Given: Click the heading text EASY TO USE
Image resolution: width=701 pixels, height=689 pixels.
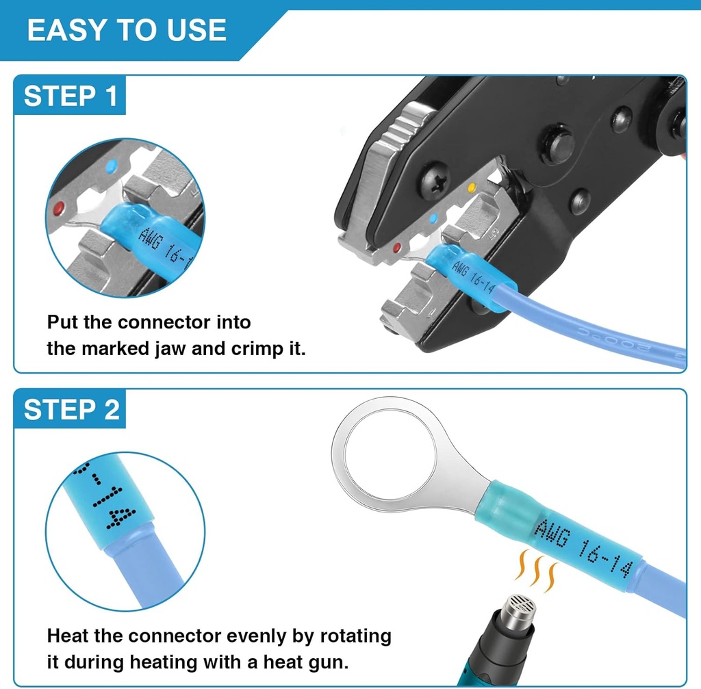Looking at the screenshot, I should (x=127, y=30).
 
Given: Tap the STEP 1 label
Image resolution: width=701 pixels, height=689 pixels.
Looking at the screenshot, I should (x=71, y=96).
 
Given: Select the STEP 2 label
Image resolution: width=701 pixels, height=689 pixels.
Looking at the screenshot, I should (x=71, y=410).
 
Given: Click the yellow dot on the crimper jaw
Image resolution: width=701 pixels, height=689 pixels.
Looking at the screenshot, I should (x=470, y=186).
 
